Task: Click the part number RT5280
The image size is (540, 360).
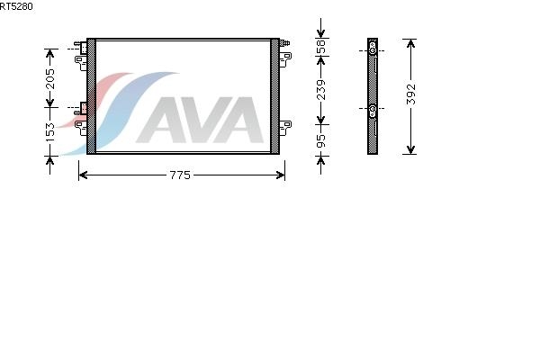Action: point(15,6)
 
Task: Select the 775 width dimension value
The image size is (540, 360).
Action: point(180,175)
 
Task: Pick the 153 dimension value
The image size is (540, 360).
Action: point(50,131)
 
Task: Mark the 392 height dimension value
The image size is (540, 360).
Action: point(411,95)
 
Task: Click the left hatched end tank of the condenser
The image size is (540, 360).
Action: point(91,95)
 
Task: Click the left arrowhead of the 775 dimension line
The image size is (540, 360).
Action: point(82,175)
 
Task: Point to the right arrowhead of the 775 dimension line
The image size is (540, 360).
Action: point(282,175)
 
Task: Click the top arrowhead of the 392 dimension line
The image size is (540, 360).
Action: point(410,42)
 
